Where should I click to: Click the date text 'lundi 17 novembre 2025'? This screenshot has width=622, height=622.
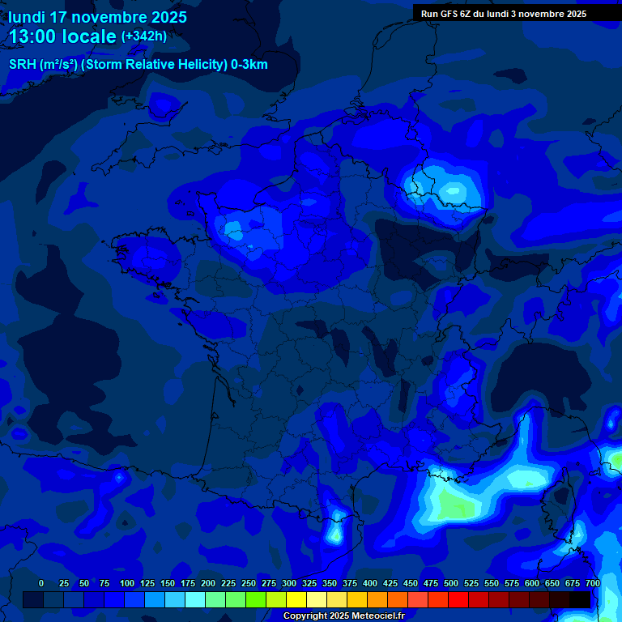[x=97, y=16]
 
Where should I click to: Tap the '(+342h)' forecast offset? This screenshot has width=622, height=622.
[x=144, y=36]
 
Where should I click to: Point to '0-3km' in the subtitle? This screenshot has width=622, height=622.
[x=249, y=65]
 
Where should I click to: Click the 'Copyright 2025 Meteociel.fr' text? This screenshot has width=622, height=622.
[x=343, y=616]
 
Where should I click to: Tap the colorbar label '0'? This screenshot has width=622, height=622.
[x=41, y=583]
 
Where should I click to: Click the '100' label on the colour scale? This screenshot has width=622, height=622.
[x=127, y=583]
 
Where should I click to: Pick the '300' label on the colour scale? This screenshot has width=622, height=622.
[x=289, y=583]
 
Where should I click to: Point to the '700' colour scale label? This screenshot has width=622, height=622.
[x=593, y=583]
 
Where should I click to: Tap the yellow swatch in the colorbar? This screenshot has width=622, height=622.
[x=296, y=599]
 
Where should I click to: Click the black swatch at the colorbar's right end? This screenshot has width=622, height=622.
[x=580, y=599]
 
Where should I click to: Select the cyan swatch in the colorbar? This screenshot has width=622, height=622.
[x=195, y=599]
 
